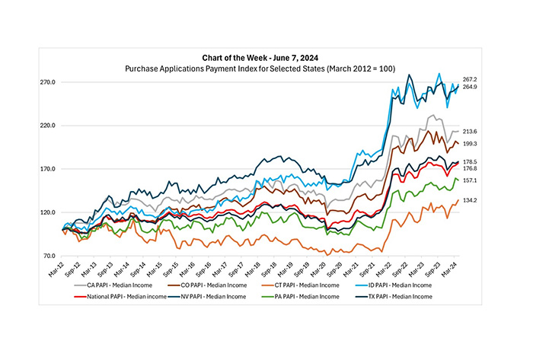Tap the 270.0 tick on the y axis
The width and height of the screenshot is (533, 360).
point(49,82)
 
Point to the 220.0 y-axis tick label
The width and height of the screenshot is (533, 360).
point(49,126)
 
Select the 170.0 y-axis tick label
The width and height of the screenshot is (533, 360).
point(49,169)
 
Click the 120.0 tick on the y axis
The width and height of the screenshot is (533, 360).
point(49,212)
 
